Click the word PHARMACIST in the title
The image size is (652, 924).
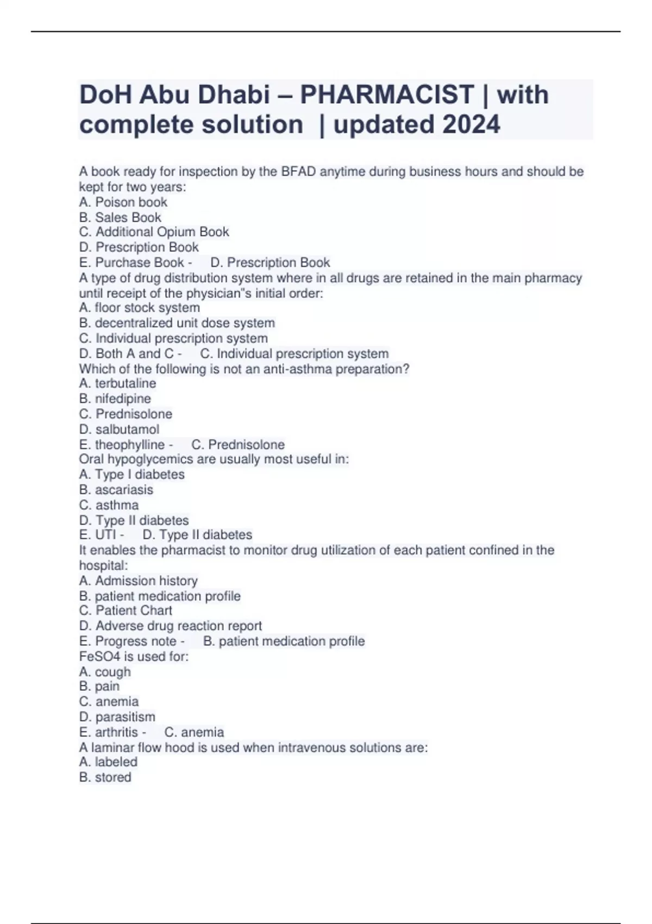pyautogui.click(x=387, y=95)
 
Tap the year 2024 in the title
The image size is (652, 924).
pyautogui.click(x=471, y=124)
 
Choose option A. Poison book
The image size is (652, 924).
pyautogui.click(x=123, y=202)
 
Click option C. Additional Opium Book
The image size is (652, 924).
pyautogui.click(x=154, y=232)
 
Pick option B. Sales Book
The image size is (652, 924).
pyautogui.click(x=120, y=217)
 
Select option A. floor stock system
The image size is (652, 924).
pyautogui.click(x=140, y=308)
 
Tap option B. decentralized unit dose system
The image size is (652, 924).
pyautogui.click(x=177, y=323)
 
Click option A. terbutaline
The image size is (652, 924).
pyautogui.click(x=118, y=383)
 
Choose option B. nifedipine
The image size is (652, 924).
pyautogui.click(x=115, y=398)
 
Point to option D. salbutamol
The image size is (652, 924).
pyautogui.click(x=120, y=429)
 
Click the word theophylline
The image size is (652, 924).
pyautogui.click(x=130, y=445)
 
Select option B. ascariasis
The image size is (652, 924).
pyautogui.click(x=116, y=490)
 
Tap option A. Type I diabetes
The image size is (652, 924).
pyautogui.click(x=132, y=475)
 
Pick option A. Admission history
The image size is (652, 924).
pyautogui.click(x=139, y=580)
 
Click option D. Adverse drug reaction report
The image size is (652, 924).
pyautogui.click(x=171, y=626)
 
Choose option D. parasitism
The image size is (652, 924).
pyautogui.click(x=117, y=717)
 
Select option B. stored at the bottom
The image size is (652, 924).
pyautogui.click(x=105, y=777)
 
